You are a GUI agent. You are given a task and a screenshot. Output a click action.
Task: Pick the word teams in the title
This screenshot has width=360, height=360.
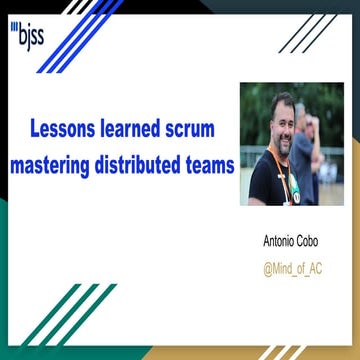point(209,161)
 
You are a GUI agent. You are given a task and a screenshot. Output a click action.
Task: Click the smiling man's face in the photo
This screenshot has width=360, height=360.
point(283,126)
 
